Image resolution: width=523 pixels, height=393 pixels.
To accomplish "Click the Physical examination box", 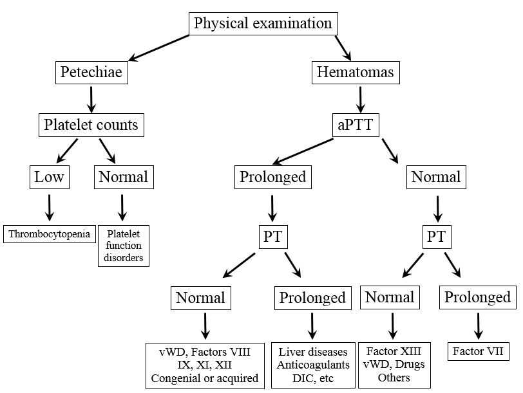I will (x=263, y=24).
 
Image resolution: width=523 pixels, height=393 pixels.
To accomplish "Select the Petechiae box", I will (x=91, y=73).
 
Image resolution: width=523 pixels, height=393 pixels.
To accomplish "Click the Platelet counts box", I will (x=91, y=124).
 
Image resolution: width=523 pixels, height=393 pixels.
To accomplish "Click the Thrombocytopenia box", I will (x=49, y=233).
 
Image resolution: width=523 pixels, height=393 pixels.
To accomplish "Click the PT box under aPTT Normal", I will (x=437, y=237).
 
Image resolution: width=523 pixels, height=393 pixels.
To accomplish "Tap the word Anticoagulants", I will (x=313, y=365).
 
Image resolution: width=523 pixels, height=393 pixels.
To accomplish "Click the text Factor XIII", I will (x=394, y=351).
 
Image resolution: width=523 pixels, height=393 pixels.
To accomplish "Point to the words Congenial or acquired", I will (x=205, y=378).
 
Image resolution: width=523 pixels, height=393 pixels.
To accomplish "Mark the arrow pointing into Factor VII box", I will (x=478, y=326).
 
